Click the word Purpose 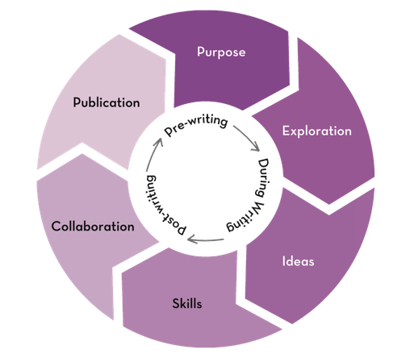coord(221,52)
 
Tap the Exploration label coord(317,131)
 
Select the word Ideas coord(298,261)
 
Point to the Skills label coord(187,304)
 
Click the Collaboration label coord(93,227)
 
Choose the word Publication coord(107,102)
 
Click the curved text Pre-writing coord(196,125)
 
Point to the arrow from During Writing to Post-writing coord(206,239)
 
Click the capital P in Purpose coord(200,52)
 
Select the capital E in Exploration coord(286,131)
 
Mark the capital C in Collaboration coord(56,227)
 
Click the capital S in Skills coord(176,304)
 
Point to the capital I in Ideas coord(283,261)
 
